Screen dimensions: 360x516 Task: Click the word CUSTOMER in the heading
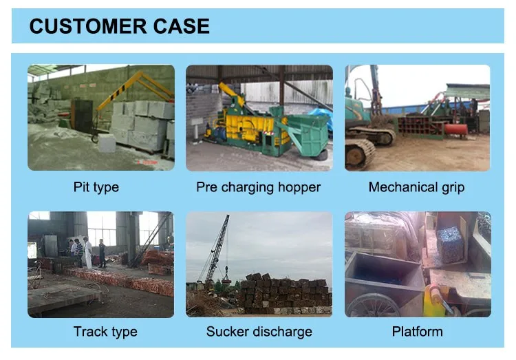(84, 26)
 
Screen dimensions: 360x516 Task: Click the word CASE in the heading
(177, 26)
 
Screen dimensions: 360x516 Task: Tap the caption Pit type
(96, 187)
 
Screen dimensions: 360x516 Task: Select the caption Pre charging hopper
(259, 187)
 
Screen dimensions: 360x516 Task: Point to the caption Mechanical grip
(417, 187)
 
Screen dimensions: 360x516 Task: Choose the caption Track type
(105, 332)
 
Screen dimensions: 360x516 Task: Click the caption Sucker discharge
(259, 332)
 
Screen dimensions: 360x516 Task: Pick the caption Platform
(417, 332)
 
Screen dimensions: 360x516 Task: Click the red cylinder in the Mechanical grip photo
(455, 129)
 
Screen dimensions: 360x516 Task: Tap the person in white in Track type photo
(87, 253)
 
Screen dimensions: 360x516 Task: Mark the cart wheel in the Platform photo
(375, 305)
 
